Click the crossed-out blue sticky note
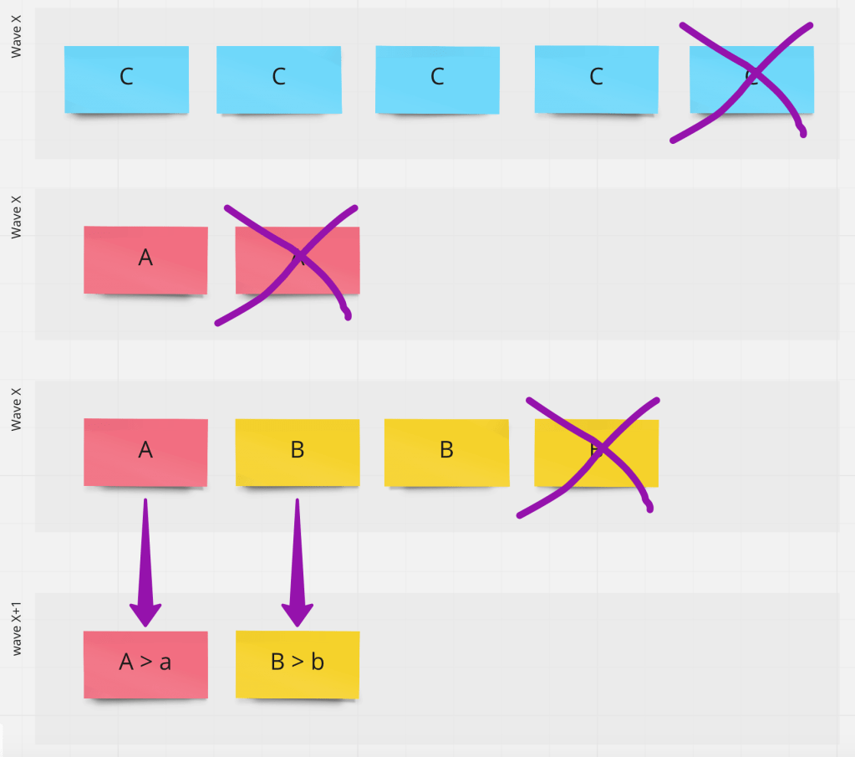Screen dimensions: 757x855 click(751, 79)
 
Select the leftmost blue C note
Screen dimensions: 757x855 click(126, 79)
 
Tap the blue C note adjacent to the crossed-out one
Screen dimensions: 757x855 click(596, 79)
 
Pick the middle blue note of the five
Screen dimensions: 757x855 click(437, 79)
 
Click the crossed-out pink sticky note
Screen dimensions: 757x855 click(298, 259)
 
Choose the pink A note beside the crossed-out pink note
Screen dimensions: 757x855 click(145, 259)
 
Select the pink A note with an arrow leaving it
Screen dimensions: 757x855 click(145, 452)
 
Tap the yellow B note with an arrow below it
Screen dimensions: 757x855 click(297, 452)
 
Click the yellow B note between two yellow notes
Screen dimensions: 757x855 click(446, 452)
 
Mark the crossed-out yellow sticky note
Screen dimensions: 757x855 click(596, 452)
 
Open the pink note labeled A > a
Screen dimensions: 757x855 click(145, 664)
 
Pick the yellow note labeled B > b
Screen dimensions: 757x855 click(297, 664)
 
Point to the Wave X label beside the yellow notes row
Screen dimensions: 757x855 click(17, 407)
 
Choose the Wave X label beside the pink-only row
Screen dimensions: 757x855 click(17, 216)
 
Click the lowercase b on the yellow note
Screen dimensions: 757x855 click(318, 662)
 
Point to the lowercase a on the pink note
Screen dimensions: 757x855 click(165, 663)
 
